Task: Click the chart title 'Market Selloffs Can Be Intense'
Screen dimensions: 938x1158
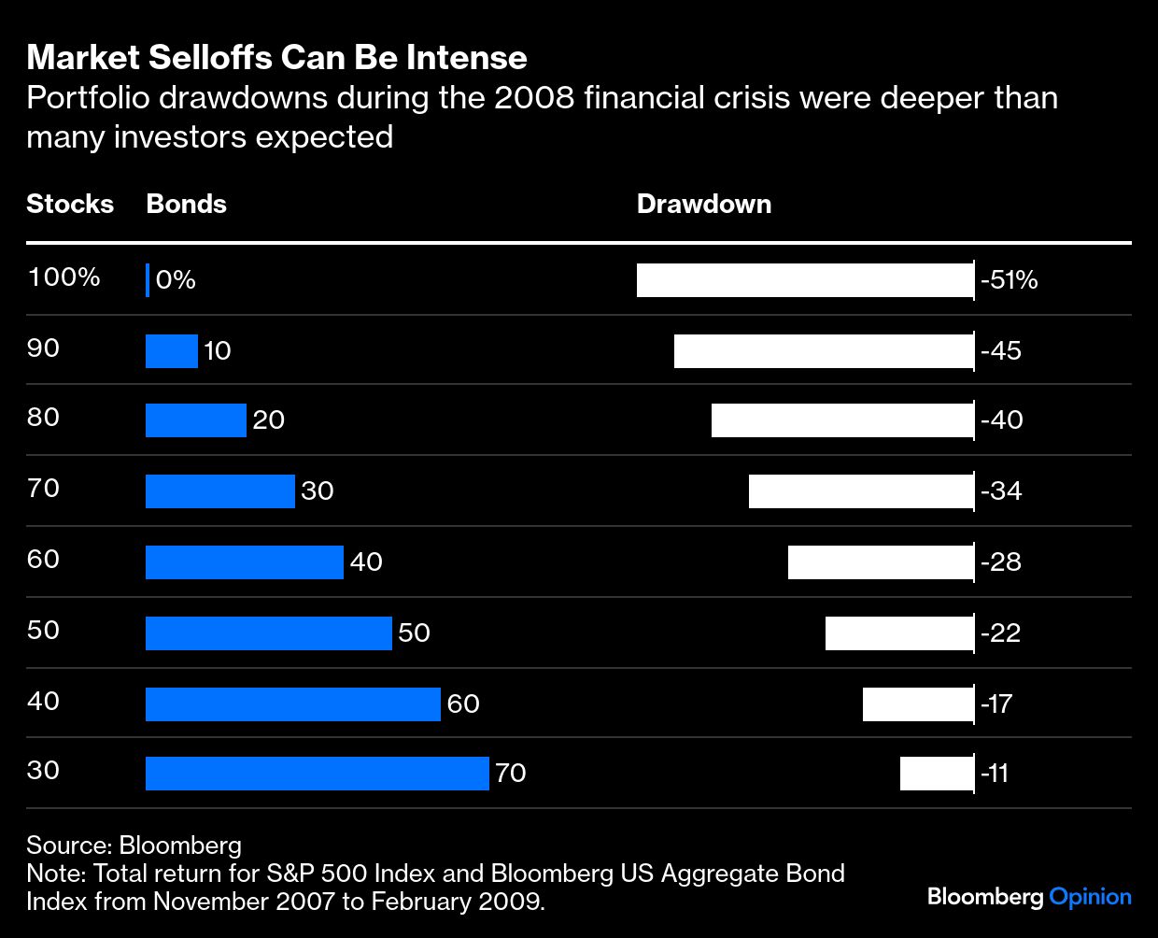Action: pos(276,58)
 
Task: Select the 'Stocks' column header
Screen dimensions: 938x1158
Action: pos(70,205)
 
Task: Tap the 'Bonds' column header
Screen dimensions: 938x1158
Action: pos(186,205)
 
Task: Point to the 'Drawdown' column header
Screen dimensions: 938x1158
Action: pos(703,205)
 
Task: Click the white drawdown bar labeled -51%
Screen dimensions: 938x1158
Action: pos(804,280)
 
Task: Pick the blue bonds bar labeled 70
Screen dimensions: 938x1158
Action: pos(317,774)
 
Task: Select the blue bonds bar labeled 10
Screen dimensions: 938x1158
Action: pos(172,351)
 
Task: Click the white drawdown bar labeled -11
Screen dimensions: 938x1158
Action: pos(937,774)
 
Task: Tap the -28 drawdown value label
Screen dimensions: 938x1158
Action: pos(1001,562)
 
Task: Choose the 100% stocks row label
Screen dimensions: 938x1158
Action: pos(64,277)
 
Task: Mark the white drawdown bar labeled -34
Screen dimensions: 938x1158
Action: pos(860,491)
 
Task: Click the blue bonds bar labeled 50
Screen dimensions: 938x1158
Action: pos(268,633)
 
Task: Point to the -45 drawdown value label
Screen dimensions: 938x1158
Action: pos(1001,351)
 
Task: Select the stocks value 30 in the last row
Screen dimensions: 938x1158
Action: pos(43,771)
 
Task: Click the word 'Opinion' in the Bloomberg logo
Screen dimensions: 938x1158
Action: pos(1090,898)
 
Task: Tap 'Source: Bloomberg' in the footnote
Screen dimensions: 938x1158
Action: pos(134,846)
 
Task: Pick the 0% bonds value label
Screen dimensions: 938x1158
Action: pos(176,280)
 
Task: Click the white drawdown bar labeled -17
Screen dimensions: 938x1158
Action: pos(918,704)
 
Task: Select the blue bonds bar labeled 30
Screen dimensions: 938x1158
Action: pos(220,491)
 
